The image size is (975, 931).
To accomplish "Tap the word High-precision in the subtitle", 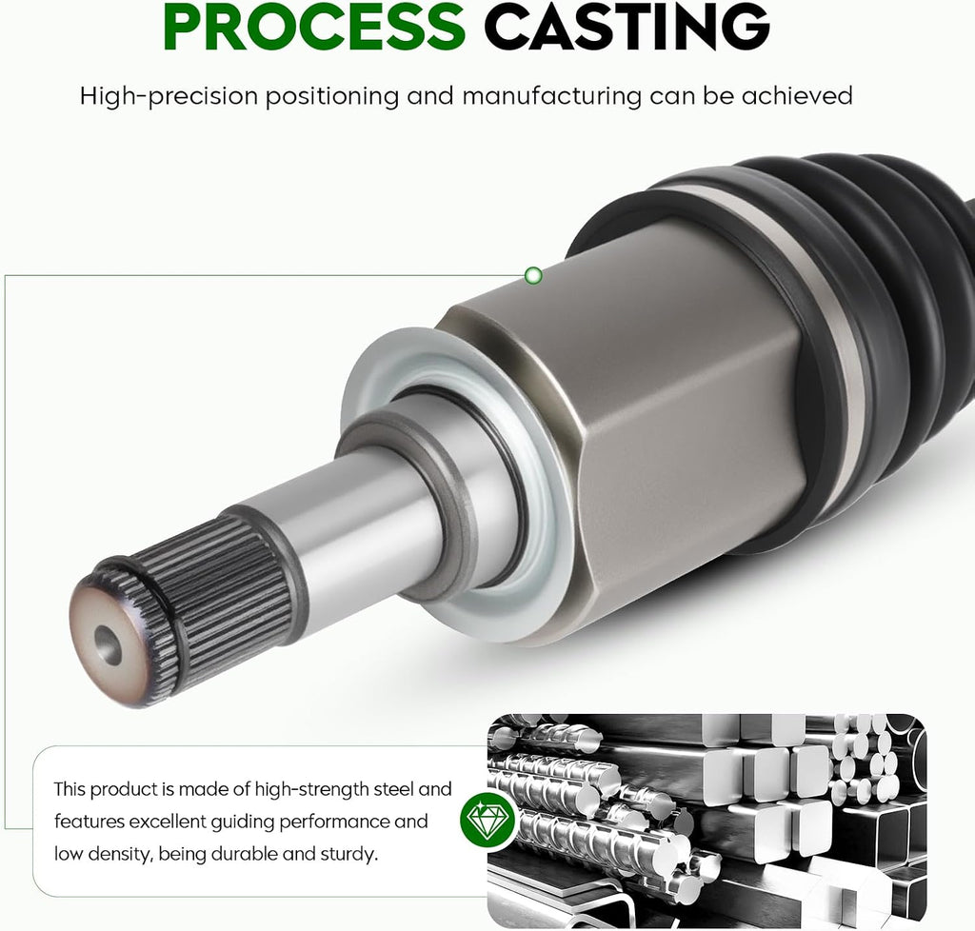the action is tap(169, 96).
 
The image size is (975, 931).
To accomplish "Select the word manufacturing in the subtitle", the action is tap(551, 96).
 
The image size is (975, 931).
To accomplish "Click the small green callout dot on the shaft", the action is tap(533, 275).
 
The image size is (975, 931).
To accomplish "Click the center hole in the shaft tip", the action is tap(109, 645).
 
